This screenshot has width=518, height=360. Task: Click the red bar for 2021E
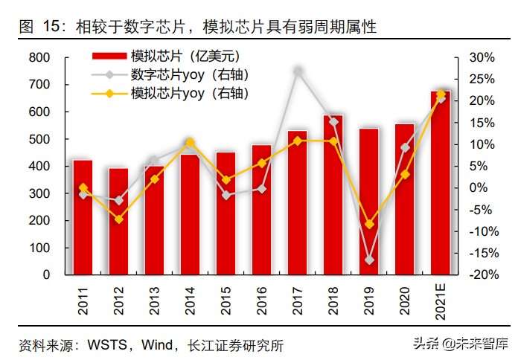[441, 183]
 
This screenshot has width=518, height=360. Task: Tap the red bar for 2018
[333, 195]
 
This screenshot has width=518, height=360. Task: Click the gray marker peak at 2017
[298, 71]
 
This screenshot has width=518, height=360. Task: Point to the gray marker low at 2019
[369, 260]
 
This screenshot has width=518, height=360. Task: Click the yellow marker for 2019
[369, 224]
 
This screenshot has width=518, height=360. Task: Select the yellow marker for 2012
[119, 219]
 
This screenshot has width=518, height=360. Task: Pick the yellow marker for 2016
[262, 162]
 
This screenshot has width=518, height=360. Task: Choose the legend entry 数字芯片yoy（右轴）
[189, 74]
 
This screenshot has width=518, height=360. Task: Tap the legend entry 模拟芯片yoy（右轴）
[189, 93]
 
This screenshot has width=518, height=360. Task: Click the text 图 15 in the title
[38, 28]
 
